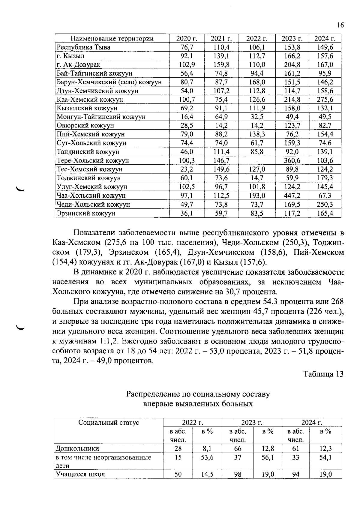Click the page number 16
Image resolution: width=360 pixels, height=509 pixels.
tap(340, 25)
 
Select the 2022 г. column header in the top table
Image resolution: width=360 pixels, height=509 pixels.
tap(257, 38)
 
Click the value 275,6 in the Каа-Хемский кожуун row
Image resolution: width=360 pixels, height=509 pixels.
tap(325, 100)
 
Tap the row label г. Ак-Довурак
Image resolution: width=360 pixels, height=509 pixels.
tap(79, 65)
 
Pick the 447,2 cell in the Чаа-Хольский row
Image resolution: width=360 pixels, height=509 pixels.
tap(292, 196)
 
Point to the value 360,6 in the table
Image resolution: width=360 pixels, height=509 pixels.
tap(292, 160)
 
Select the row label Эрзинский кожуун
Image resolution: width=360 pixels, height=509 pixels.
tap(86, 214)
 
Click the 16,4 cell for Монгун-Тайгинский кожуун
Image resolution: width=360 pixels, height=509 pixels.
tap(187, 117)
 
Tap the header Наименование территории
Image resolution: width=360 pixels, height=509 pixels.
tap(112, 38)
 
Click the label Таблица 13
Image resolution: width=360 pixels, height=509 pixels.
tap(323, 374)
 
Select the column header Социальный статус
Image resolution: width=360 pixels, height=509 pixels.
tap(109, 423)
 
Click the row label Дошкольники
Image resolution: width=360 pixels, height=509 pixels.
tap(77, 449)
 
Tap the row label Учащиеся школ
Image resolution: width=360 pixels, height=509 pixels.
tap(80, 475)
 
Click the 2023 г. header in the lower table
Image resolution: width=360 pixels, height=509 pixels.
tap(252, 423)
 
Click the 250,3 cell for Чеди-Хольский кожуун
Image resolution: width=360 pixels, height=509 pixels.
tap(325, 205)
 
